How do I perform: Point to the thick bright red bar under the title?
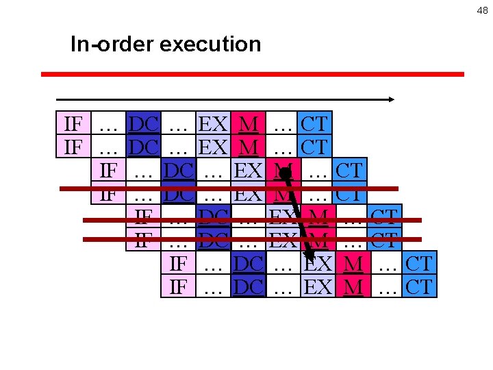[x=252, y=74]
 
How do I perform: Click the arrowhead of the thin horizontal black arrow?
[x=391, y=99]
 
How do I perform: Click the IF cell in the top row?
[x=73, y=124]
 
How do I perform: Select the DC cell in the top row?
[x=144, y=124]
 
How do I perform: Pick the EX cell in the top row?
[x=213, y=124]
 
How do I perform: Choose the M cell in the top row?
[x=249, y=124]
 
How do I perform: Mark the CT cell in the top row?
[x=314, y=124]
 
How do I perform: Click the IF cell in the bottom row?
[x=178, y=286]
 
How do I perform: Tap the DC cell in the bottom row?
[x=248, y=286]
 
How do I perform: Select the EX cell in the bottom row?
[x=318, y=286]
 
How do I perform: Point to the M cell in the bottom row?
[x=353, y=286]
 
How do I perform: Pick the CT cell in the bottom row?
[x=419, y=286]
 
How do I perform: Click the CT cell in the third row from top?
[x=349, y=170]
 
